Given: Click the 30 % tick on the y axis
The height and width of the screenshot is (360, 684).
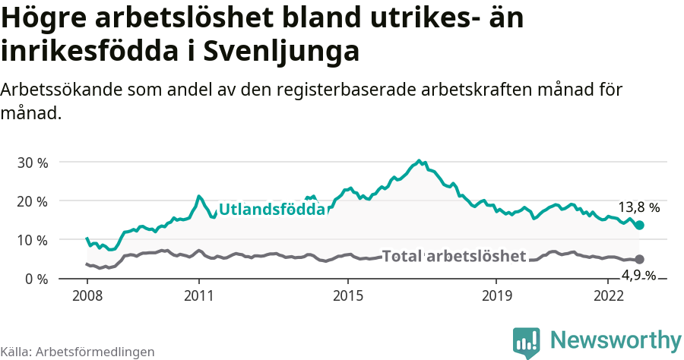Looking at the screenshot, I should tap(32, 163).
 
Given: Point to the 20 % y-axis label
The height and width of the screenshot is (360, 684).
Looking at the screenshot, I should tap(32, 201).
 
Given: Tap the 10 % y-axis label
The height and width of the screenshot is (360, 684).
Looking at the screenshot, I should tap(32, 240).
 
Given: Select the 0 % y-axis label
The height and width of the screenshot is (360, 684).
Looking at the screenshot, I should tap(36, 279).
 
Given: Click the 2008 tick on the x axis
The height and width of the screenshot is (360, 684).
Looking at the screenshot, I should tap(87, 295).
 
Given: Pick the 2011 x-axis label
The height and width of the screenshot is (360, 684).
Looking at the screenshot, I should tap(198, 295).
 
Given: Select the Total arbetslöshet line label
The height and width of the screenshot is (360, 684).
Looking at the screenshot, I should tap(454, 256).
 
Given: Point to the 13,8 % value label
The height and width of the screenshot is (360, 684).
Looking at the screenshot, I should tap(638, 207).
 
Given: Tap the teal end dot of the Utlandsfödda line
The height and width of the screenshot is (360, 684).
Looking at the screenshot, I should tap(640, 225).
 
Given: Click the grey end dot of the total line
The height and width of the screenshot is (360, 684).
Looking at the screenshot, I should tap(639, 259).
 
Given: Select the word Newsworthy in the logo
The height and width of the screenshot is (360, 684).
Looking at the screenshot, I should tap(616, 339).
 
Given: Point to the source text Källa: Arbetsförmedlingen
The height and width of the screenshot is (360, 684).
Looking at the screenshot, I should tap(78, 352).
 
